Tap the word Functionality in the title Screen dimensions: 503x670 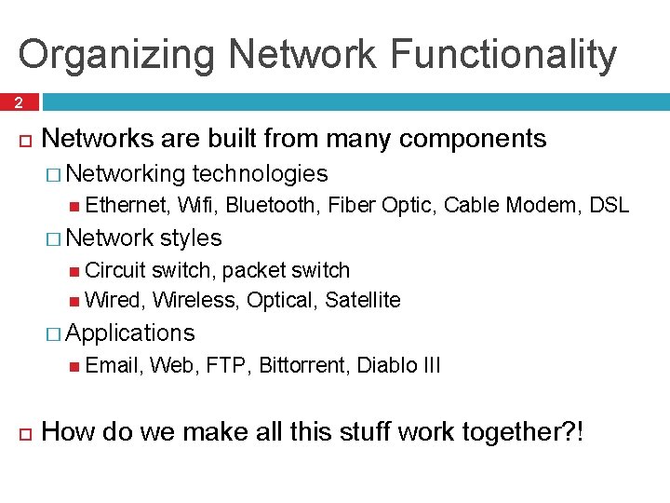click(502, 55)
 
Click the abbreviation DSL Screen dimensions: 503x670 click(610, 206)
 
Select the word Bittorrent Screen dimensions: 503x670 click(302, 365)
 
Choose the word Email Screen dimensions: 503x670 click(112, 365)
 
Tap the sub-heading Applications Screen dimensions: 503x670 click(130, 333)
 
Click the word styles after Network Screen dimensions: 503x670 click(191, 238)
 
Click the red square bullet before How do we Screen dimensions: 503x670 click(24, 432)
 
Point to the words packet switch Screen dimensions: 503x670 click(286, 271)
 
